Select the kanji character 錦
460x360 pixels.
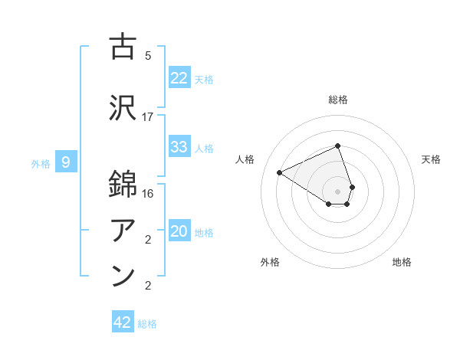click(123, 185)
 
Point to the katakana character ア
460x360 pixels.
click(123, 231)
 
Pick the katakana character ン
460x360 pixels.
click(123, 276)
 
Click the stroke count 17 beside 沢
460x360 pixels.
click(148, 116)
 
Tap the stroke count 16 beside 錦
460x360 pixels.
click(148, 193)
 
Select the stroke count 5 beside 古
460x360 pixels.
click(148, 56)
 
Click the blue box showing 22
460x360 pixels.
click(179, 78)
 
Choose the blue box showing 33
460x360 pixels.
click(179, 147)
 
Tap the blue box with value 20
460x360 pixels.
click(179, 231)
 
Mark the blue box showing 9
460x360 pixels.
click(66, 162)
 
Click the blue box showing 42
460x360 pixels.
click(123, 322)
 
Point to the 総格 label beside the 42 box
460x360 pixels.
click(147, 324)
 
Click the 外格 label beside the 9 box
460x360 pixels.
click(41, 163)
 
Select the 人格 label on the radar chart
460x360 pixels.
click(245, 159)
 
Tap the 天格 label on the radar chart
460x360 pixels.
click(432, 159)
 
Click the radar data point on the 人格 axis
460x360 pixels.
click(280, 172)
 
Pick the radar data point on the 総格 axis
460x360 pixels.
click(337, 146)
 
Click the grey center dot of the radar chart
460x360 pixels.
click(337, 191)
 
